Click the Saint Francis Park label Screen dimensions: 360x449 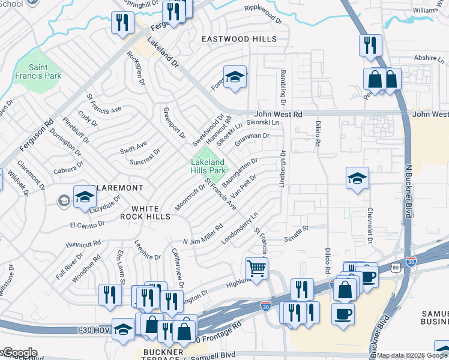(46, 71)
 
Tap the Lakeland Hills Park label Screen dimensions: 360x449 (208, 166)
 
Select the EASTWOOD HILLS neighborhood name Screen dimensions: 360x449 (239, 39)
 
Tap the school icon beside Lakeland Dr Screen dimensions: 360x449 (235, 76)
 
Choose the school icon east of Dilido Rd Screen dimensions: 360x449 (357, 178)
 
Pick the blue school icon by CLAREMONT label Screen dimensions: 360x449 (85, 196)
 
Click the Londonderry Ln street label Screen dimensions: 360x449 (239, 229)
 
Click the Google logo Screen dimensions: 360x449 (20, 353)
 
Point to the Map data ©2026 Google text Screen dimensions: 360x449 (412, 355)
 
